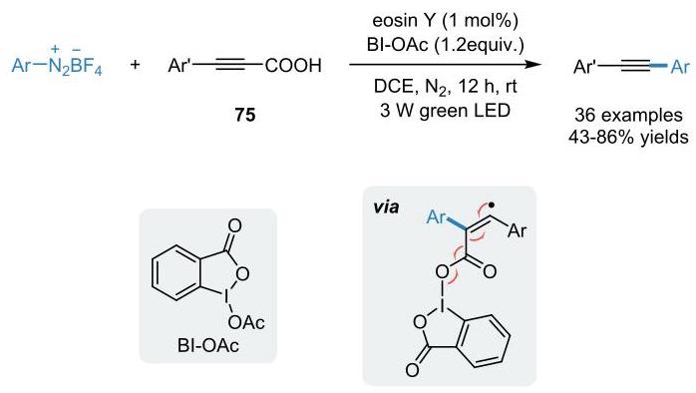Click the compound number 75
coord(245,115)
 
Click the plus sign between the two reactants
coord(135,65)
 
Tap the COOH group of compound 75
coord(293,66)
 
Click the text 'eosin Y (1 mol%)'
coord(445,21)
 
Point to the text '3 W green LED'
coord(445,110)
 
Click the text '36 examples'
coord(628,115)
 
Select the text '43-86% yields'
coord(628,138)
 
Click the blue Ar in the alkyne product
coord(680,67)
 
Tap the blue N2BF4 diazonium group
coord(75,67)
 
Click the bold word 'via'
coord(386,206)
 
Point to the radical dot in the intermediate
coord(492,205)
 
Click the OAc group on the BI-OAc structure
coord(246,323)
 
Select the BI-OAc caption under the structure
coord(208,345)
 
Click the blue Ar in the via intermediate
coord(436,217)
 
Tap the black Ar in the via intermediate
coord(518,231)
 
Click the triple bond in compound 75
coord(231,65)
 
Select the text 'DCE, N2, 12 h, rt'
coord(445,87)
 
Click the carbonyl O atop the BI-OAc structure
coord(234,225)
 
